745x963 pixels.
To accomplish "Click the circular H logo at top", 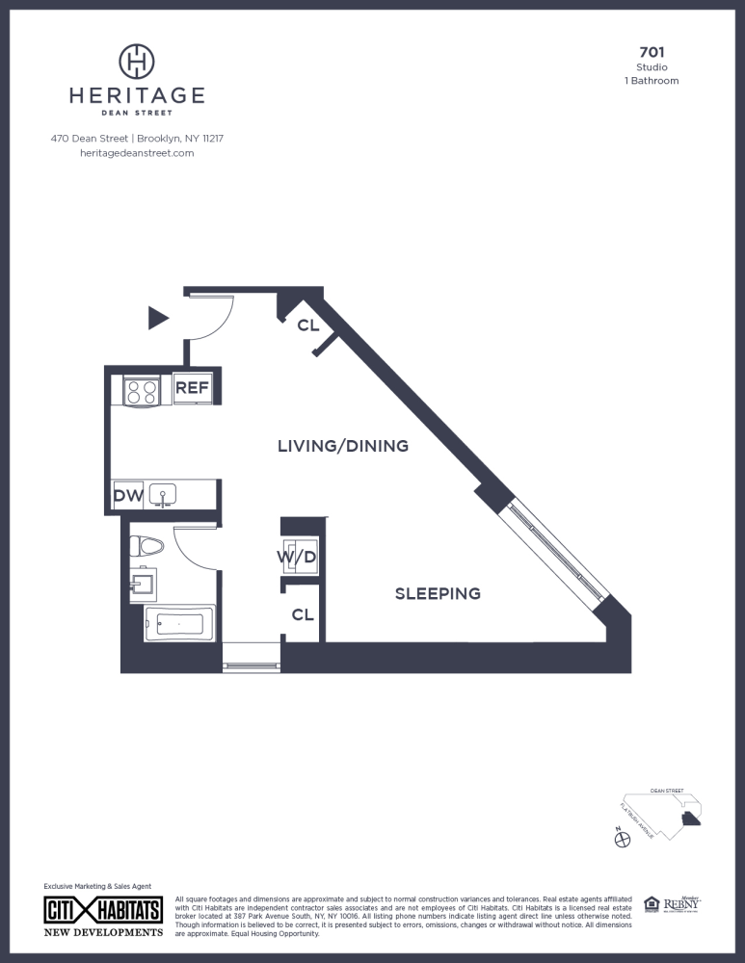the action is coord(137,61).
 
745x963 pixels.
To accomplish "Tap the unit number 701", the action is coord(652,52).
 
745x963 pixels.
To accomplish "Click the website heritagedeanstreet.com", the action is coord(137,153).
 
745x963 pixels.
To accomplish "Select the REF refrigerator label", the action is coord(192,388).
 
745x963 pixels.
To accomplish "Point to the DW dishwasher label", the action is coord(128,496).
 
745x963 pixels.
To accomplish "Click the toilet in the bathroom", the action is coord(146,546).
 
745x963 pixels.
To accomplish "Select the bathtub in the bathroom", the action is coord(179,623).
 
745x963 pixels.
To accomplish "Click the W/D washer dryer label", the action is coord(298,558).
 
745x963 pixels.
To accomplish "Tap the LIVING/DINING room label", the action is coord(343,446).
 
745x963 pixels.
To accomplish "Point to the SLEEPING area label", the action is coord(438,593).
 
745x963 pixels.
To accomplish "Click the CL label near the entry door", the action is coord(307,325).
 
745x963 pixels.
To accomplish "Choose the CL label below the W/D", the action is coord(303,614).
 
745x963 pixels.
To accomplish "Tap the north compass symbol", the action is coord(622,840).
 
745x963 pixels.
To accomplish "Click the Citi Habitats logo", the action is coord(104,912).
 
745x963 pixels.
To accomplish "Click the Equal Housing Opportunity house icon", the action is coord(652,903).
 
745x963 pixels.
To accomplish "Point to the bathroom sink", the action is coord(143,583).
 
